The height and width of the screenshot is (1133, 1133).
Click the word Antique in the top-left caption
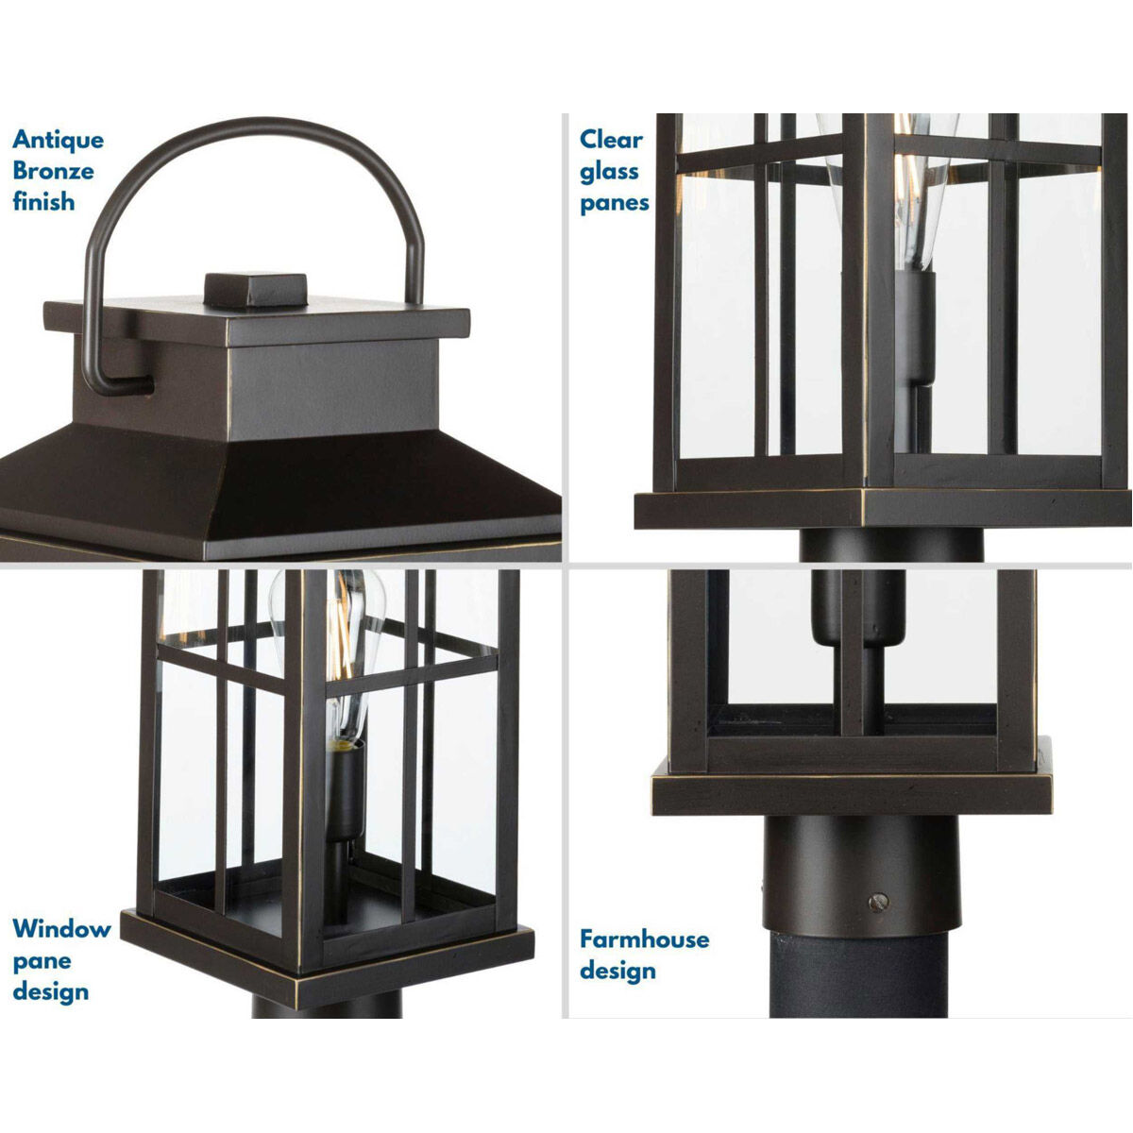pos(58,140)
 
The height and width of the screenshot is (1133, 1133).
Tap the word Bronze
pos(53,171)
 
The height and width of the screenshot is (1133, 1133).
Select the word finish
pos(43,202)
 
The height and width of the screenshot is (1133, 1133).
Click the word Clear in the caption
pos(611,140)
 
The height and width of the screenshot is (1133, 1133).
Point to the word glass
pos(609,171)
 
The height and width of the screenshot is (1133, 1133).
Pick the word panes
pos(615,202)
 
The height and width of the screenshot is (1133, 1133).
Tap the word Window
pos(61,929)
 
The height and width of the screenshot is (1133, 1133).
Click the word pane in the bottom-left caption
pos(42,961)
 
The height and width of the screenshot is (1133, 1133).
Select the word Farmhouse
pos(644,939)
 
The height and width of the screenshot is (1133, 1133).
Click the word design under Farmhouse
pos(617,971)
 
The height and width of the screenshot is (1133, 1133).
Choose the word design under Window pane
pos(51,992)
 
